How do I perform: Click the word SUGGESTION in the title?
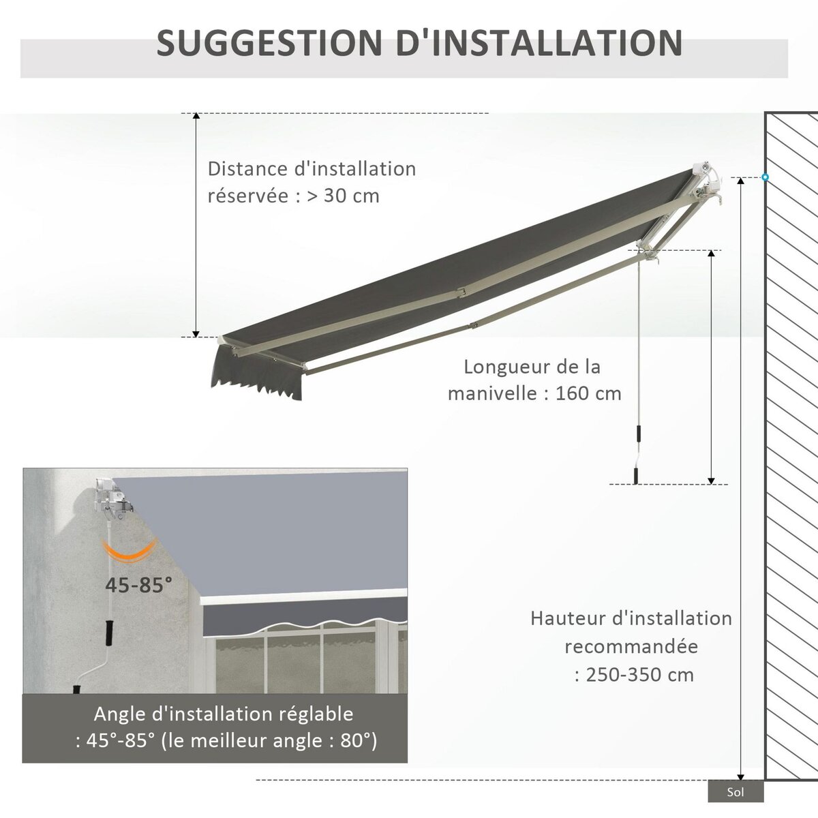(269, 43)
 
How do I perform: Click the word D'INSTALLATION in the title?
(539, 43)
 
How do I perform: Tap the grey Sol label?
(736, 792)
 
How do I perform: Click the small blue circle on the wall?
(765, 177)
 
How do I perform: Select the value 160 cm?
(588, 393)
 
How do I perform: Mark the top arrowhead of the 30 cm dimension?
(196, 117)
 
